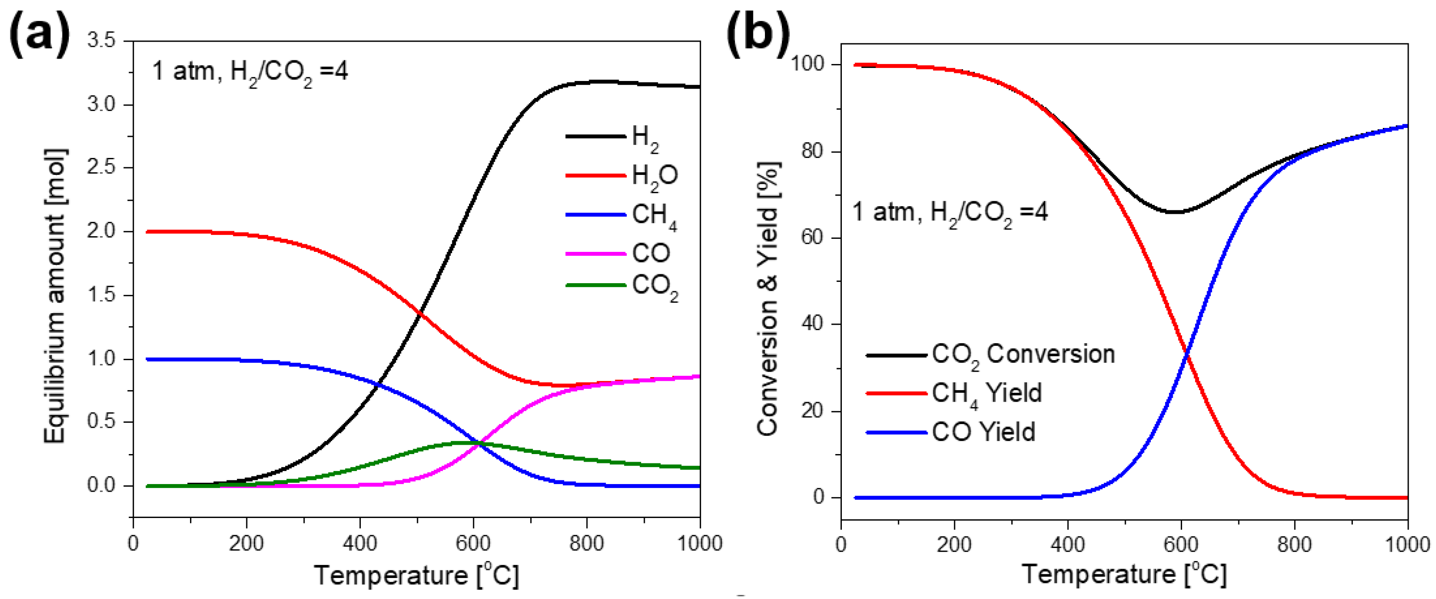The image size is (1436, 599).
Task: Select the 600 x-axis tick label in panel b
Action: pyautogui.click(x=1181, y=544)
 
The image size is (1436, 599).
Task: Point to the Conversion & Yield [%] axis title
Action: pyautogui.click(x=768, y=298)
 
